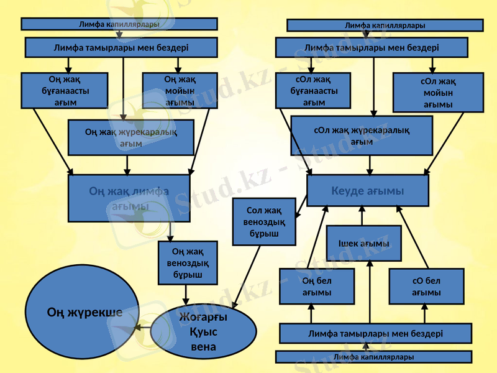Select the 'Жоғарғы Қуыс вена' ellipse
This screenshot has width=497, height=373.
point(203,331)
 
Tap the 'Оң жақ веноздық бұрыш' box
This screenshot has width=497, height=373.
point(188,263)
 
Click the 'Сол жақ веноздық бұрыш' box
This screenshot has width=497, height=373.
point(264,222)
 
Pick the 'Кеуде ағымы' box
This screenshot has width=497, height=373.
point(368,190)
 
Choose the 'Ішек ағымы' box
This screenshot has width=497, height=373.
point(363,243)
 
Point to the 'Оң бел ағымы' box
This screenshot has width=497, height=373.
point(317,287)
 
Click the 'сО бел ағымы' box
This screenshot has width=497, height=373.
point(426,287)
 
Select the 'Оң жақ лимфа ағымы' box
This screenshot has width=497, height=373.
point(129,198)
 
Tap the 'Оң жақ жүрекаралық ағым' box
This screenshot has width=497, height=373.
point(130,137)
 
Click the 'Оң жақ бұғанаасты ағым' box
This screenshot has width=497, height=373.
point(65,90)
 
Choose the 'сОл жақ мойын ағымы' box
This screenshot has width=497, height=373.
point(438,92)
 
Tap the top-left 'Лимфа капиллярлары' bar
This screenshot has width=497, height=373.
point(119,24)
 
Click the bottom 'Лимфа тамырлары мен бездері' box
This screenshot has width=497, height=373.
point(375,333)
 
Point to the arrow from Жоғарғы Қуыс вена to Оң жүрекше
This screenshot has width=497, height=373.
point(142,326)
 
